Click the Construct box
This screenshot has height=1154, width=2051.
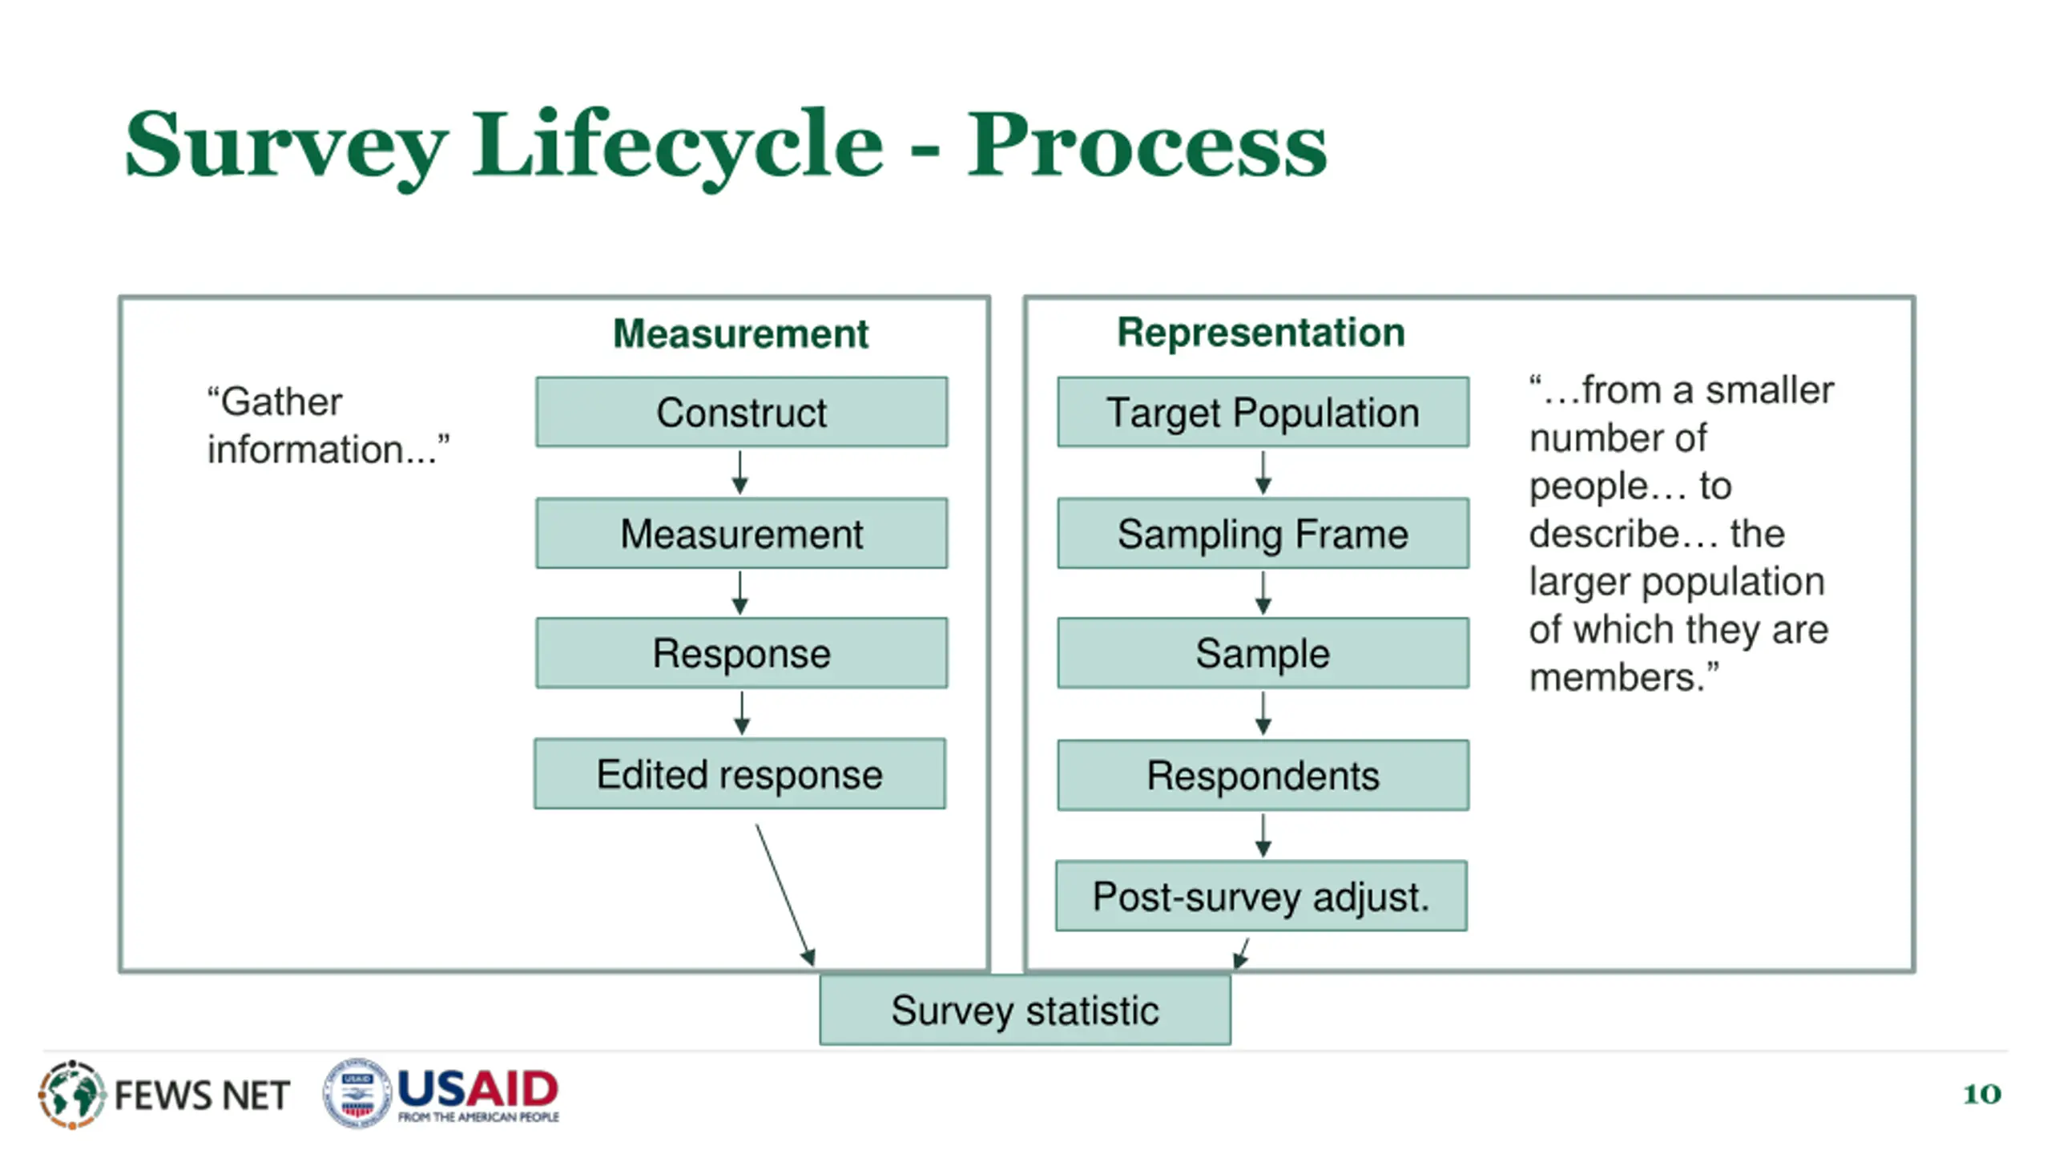741,412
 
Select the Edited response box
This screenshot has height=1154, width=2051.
739,773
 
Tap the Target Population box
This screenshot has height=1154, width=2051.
1263,412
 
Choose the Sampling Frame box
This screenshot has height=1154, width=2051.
1263,533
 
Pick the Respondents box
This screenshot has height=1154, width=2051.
1263,775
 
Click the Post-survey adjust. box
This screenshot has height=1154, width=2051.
1261,895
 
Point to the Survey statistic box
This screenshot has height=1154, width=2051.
1025,1009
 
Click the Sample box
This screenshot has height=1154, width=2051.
1263,652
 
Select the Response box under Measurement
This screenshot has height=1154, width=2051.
741,652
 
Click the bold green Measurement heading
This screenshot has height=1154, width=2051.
740,333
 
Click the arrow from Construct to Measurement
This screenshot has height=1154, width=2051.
739,473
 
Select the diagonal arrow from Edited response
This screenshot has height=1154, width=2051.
785,895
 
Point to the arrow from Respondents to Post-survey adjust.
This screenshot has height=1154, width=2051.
1263,836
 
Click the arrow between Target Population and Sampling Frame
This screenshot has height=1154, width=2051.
1263,473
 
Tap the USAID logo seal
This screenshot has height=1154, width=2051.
357,1092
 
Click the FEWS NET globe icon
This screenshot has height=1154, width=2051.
71,1094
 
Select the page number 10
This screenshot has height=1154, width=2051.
1981,1094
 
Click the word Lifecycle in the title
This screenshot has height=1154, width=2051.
678,146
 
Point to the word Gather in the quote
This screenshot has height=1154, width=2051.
274,401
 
